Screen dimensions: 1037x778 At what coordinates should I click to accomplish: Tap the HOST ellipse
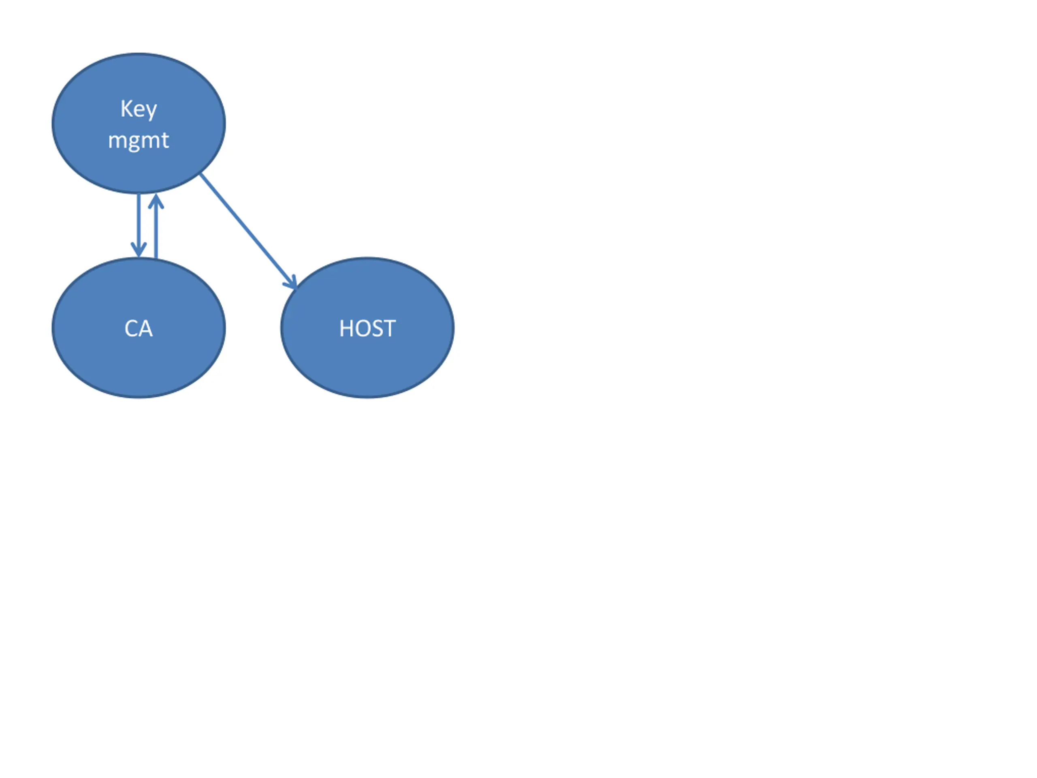tap(367, 366)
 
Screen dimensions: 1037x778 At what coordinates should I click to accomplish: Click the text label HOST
tap(367, 328)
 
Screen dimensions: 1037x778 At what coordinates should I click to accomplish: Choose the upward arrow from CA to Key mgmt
tap(156, 230)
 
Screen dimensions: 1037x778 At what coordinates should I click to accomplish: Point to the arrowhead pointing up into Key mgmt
tap(156, 200)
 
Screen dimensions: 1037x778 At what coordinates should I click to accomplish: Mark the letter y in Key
tap(151, 111)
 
